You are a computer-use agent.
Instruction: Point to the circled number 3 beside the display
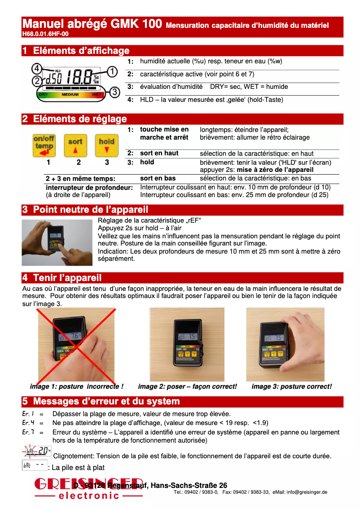[x=115, y=92]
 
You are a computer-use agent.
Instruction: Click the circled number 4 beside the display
[x=37, y=69]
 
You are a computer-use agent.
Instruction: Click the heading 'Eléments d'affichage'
[x=81, y=51]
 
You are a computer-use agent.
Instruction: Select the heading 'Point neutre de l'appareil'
[x=90, y=210]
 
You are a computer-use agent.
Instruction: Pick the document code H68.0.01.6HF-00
[x=45, y=34]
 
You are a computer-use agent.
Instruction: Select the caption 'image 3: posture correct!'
[x=292, y=386]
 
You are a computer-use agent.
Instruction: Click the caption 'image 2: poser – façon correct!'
[x=187, y=386]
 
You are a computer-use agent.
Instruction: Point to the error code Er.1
[x=28, y=413]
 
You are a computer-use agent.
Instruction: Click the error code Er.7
[x=28, y=432]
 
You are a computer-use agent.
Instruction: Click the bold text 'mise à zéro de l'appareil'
[x=275, y=170]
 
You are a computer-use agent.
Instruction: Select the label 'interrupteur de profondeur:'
[x=89, y=187]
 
